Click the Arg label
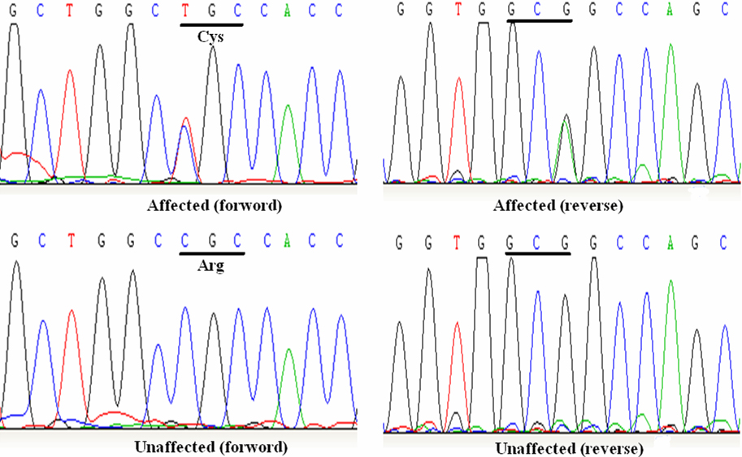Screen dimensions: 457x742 point(211,265)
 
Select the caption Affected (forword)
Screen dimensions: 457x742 point(215,205)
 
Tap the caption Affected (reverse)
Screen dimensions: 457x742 point(558,206)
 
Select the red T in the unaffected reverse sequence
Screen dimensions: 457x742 point(459,241)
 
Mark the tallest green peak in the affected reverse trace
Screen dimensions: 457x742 point(670,49)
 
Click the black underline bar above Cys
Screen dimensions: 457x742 point(211,24)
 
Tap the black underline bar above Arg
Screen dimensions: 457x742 point(211,253)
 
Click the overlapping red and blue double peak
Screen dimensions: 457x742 point(187,122)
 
